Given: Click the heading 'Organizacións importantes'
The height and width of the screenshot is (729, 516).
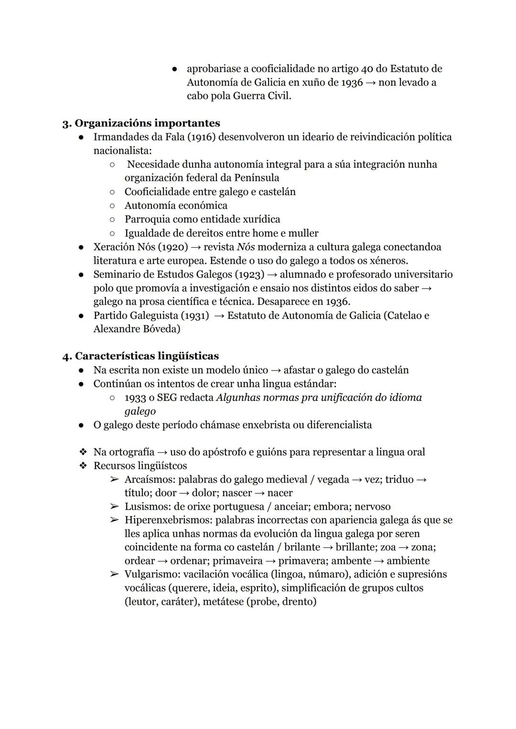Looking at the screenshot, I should (147, 123).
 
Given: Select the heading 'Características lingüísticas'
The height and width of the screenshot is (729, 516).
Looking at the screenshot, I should (147, 356).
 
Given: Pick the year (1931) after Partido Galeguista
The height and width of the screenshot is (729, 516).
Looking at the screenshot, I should (193, 316).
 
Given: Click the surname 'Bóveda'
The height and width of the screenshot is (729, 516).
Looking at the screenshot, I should (162, 329).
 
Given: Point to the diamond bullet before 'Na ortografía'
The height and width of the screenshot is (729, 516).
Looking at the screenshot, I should (83, 452).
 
